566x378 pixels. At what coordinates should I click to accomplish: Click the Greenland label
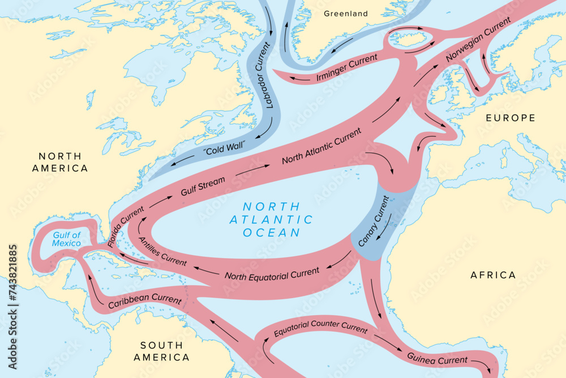(345, 14)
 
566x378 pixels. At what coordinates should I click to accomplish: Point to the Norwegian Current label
(478, 40)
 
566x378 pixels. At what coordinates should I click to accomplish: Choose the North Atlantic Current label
(321, 146)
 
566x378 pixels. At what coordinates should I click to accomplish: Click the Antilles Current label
(162, 251)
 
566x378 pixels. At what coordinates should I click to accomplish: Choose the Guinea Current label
(437, 358)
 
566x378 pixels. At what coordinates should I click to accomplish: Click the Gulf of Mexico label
(67, 239)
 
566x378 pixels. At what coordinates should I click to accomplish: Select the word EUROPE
(510, 118)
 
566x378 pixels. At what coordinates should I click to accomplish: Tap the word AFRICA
(493, 275)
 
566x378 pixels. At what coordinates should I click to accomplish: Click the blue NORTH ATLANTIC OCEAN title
(271, 219)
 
